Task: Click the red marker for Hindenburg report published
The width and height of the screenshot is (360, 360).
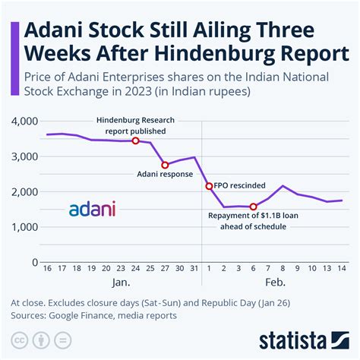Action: [135, 141]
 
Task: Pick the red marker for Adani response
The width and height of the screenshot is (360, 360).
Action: [165, 165]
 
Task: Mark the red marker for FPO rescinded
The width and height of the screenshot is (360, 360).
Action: [209, 186]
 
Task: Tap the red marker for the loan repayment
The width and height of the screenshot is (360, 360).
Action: [254, 207]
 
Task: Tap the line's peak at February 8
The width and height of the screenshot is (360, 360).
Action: [283, 186]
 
